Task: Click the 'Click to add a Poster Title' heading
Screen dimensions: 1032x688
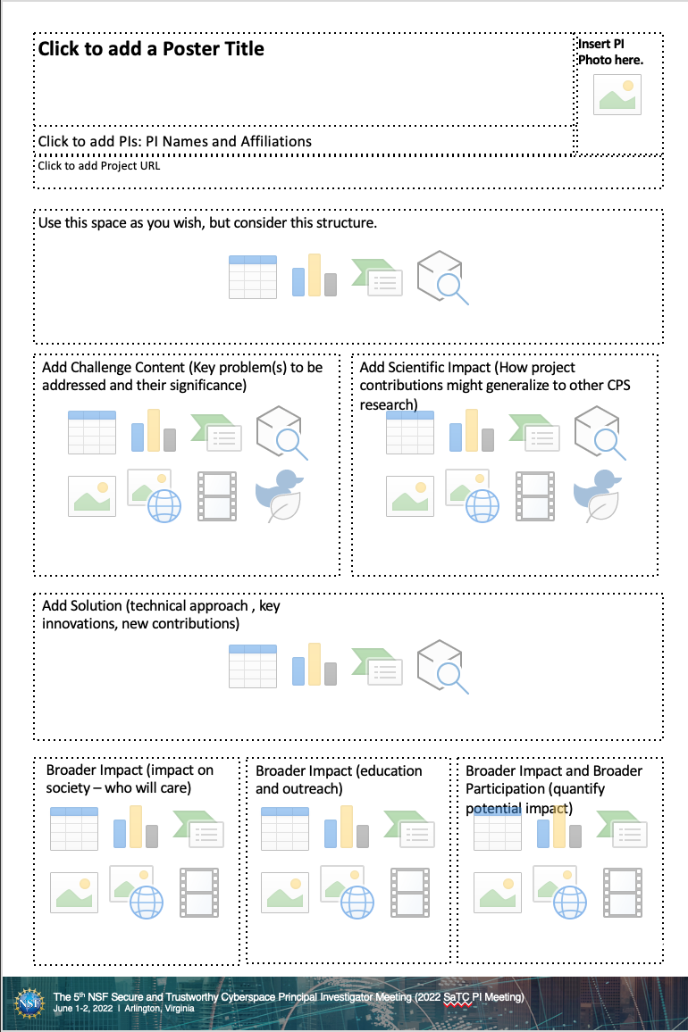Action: click(151, 49)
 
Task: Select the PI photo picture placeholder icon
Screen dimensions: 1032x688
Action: click(617, 94)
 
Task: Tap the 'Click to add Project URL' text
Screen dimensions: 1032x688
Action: click(99, 165)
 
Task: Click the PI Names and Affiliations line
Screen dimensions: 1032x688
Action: click(175, 141)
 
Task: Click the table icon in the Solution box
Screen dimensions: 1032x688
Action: click(253, 665)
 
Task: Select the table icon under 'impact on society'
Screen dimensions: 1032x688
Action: click(74, 828)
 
